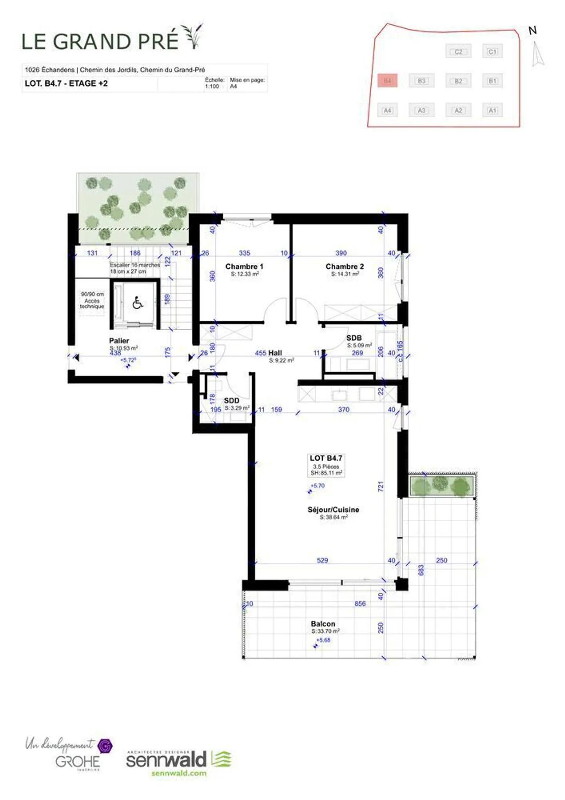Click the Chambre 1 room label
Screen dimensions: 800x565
pyautogui.click(x=244, y=266)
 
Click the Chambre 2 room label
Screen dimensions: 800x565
pyautogui.click(x=344, y=266)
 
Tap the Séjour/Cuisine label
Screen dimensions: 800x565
pyautogui.click(x=333, y=509)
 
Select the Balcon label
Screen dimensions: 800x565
pyautogui.click(x=323, y=624)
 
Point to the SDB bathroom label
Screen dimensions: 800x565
pyautogui.click(x=354, y=338)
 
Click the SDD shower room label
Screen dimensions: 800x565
pyautogui.click(x=231, y=401)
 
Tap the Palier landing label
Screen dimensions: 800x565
pyautogui.click(x=119, y=341)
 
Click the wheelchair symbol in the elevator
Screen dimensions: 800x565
pyautogui.click(x=137, y=303)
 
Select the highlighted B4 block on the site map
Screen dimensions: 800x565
pyautogui.click(x=387, y=81)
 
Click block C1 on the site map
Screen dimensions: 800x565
pyautogui.click(x=492, y=51)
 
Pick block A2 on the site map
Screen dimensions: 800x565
pyautogui.click(x=458, y=110)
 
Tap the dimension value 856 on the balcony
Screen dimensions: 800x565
pyautogui.click(x=360, y=604)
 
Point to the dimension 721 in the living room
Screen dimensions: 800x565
pyautogui.click(x=380, y=487)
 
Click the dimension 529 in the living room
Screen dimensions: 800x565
pyautogui.click(x=322, y=560)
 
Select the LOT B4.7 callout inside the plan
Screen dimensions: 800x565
pyautogui.click(x=326, y=458)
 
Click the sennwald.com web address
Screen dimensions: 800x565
pyautogui.click(x=179, y=773)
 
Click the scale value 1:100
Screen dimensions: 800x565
pyautogui.click(x=212, y=86)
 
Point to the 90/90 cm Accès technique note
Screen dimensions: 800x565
pyautogui.click(x=92, y=300)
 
